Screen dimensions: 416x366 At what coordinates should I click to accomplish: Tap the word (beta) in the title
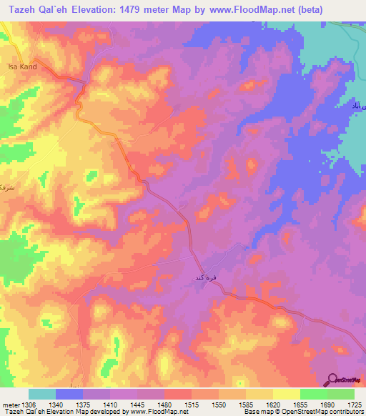(x=307, y=10)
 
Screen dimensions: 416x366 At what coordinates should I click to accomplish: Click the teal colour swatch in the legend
(x=42, y=394)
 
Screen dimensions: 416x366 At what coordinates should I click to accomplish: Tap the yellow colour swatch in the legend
(x=287, y=394)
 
